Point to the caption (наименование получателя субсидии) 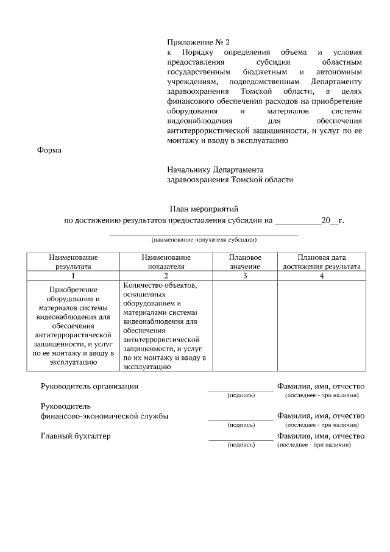click(204, 240)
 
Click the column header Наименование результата click(73, 262)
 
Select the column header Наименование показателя click(166, 262)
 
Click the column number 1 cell click(73, 276)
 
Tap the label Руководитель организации click(90, 386)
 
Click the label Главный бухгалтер click(76, 436)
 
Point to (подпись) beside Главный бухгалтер click(241, 445)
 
